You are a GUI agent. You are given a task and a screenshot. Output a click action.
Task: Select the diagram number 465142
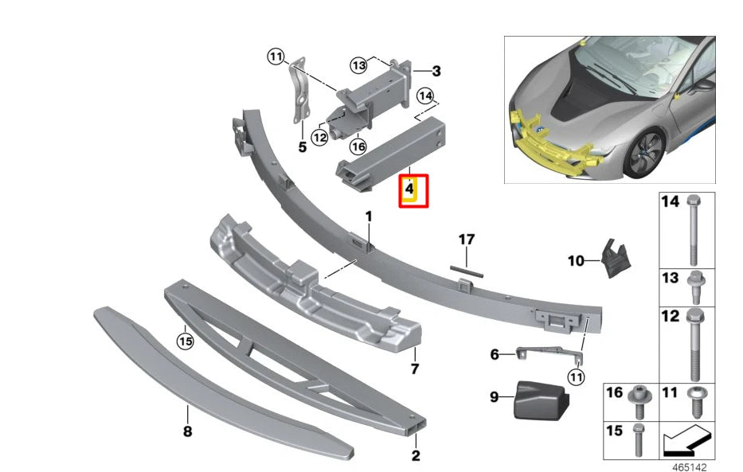(x=687, y=466)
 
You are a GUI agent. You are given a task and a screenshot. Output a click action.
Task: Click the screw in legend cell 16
(x=639, y=400)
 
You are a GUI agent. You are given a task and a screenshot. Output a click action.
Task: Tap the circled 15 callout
(x=185, y=341)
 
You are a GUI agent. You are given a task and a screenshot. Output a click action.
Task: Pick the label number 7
(x=413, y=369)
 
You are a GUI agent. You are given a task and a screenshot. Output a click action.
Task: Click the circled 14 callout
(x=426, y=96)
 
